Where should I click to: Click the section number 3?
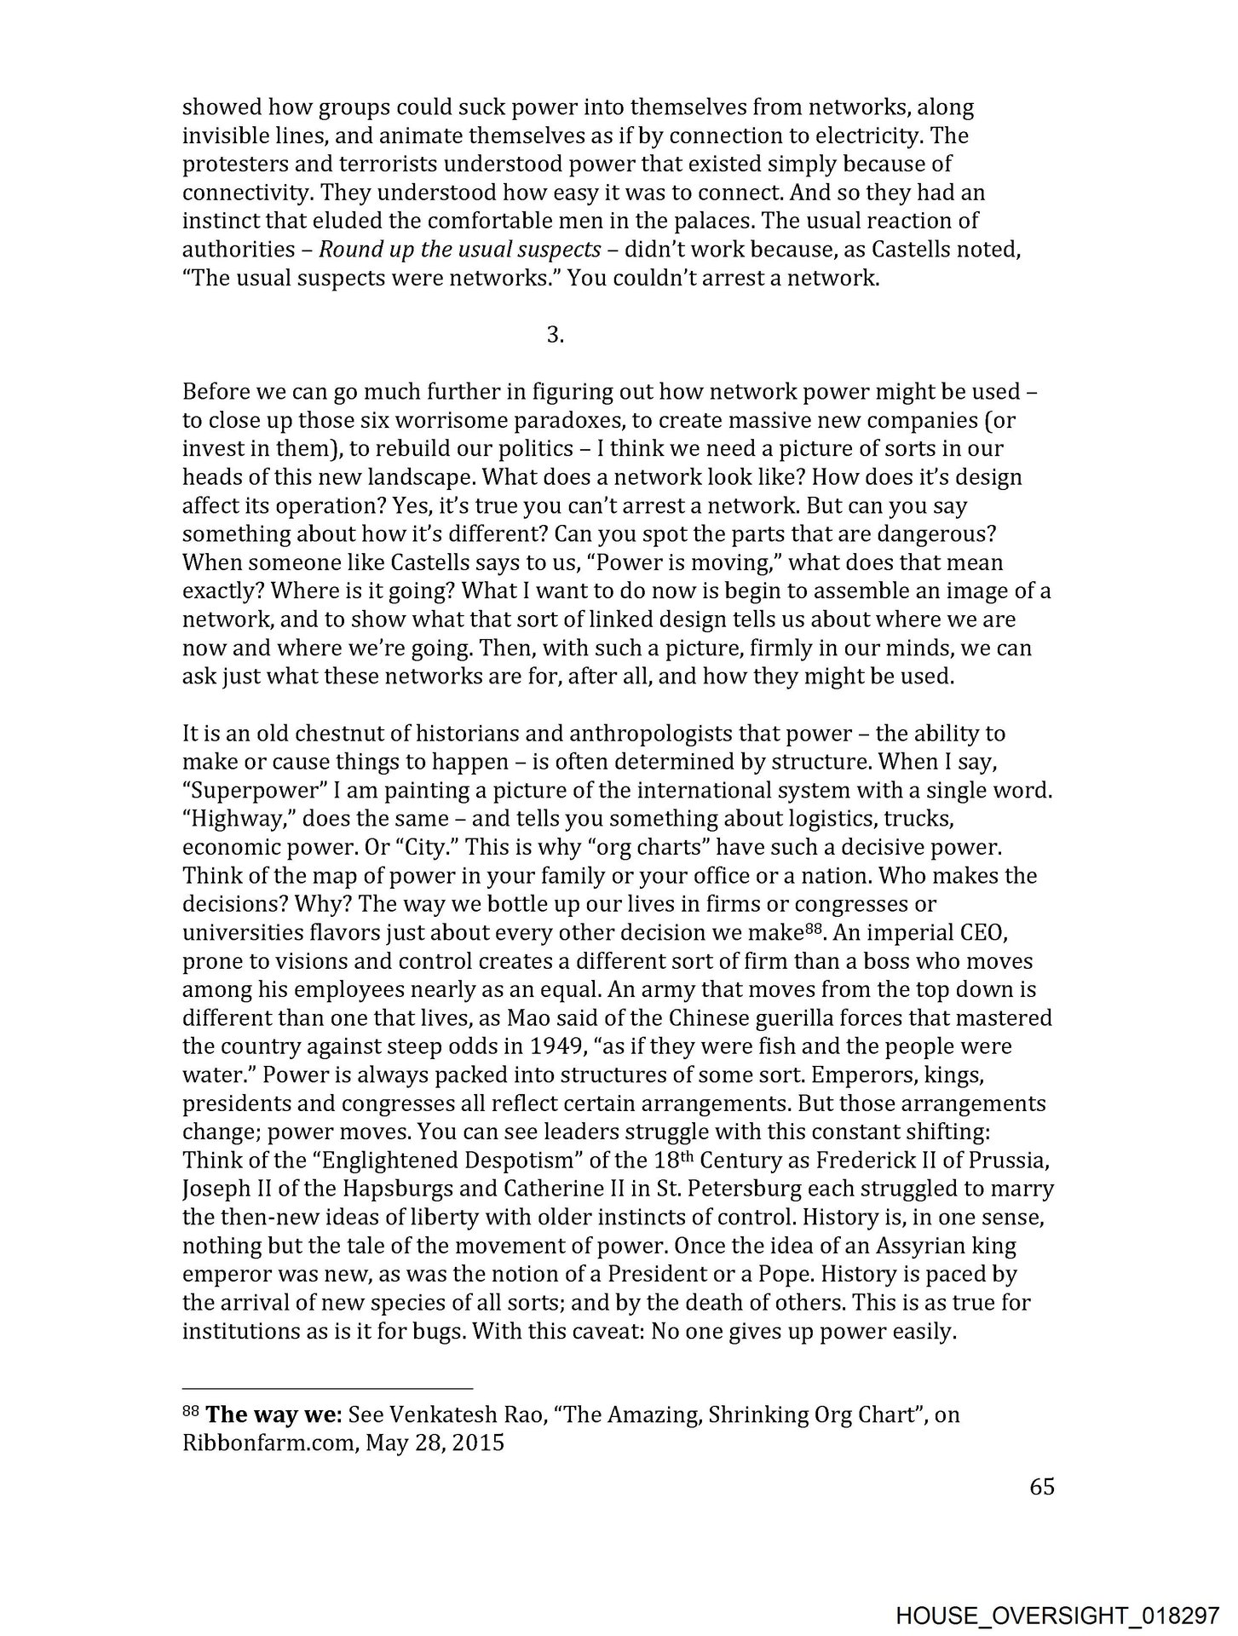(555, 336)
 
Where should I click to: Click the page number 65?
(1042, 1487)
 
